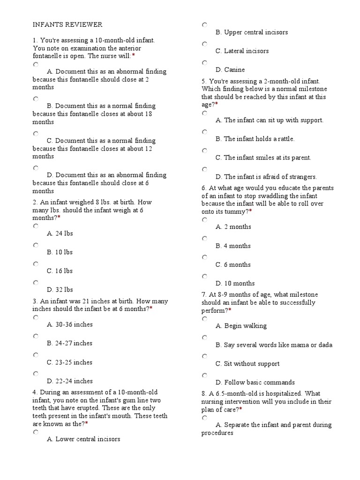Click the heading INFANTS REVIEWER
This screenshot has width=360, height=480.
(x=67, y=24)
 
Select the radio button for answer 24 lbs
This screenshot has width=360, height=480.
(x=36, y=226)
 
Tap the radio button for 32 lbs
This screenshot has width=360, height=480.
(x=36, y=283)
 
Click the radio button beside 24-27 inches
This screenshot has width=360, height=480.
(x=36, y=336)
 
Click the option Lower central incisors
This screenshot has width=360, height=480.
(x=83, y=439)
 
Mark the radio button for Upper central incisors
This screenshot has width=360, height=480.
(x=204, y=25)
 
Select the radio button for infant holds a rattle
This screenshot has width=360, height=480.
(x=204, y=132)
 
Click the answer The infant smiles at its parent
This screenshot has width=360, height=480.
(x=263, y=158)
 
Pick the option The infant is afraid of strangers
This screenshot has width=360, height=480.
(x=266, y=177)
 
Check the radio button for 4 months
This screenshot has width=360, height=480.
(x=204, y=239)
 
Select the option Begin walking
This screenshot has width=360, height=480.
(x=241, y=326)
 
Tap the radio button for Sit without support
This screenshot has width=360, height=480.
(x=204, y=356)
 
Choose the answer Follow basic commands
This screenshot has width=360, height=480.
(x=255, y=382)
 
